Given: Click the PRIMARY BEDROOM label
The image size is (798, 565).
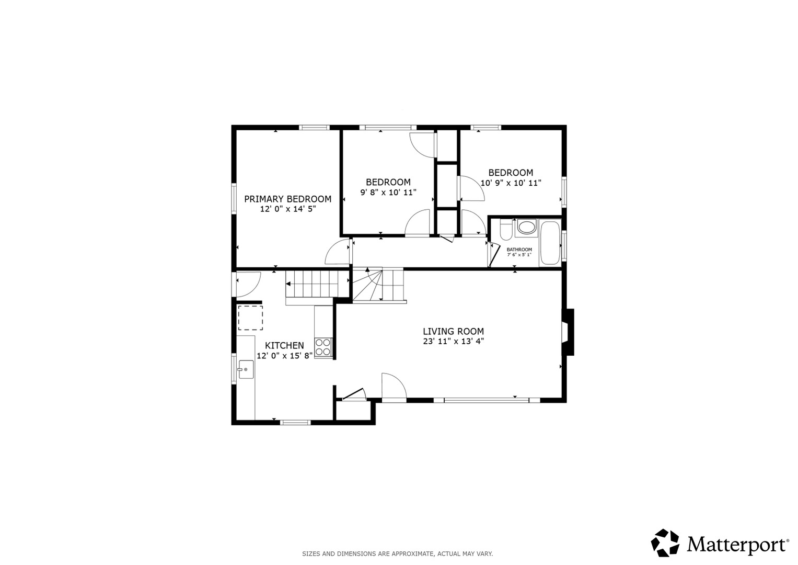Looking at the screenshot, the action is [287, 199].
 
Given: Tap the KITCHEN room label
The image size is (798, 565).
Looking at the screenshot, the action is [284, 345].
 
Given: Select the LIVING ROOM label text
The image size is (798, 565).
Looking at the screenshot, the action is [453, 331].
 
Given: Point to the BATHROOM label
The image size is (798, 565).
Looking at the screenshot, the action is [519, 250].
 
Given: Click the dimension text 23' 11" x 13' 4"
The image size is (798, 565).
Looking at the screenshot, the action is [453, 341].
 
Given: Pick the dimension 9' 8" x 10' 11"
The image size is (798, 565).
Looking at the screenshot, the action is [388, 193].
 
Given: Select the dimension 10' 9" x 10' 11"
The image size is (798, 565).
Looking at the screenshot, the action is [511, 183].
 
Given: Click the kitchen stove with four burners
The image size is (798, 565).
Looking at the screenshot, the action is [323, 347].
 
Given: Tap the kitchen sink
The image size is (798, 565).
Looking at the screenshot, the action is [246, 369].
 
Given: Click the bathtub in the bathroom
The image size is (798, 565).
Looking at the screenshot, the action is [550, 243].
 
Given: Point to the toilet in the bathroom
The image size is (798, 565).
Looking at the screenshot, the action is [506, 230].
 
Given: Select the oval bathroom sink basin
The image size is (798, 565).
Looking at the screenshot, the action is [527, 227].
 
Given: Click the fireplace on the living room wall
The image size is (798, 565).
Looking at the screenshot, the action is [568, 332].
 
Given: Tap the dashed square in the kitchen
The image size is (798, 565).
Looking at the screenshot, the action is [250, 318].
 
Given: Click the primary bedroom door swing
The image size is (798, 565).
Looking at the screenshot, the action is [337, 252].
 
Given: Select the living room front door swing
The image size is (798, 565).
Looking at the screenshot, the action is [394, 386].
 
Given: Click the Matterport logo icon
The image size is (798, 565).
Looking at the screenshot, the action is [665, 543].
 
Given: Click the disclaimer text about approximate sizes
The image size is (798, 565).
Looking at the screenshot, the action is [398, 554].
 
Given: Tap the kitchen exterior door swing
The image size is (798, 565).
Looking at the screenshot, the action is [248, 284].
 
